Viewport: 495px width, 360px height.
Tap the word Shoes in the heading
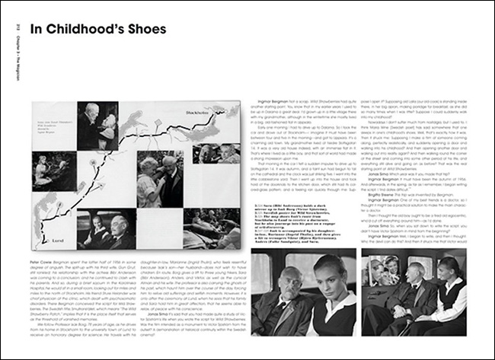click(x=144, y=30)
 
